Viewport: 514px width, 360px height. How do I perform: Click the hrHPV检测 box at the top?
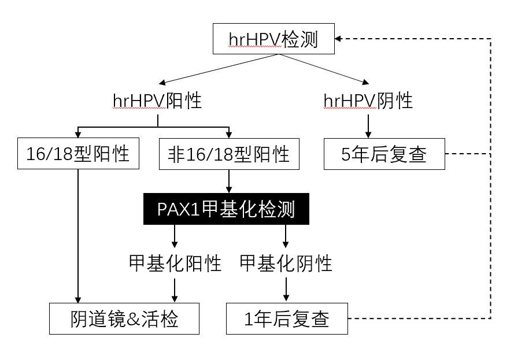click(273, 40)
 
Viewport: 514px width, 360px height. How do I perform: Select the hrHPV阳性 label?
click(157, 101)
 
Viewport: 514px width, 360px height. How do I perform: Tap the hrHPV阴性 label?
click(368, 101)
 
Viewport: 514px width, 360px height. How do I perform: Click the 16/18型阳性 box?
click(78, 154)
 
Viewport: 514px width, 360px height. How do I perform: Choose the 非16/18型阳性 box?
click(229, 154)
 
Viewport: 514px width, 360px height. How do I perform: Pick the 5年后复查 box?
click(384, 154)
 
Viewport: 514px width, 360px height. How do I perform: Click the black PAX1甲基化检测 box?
click(226, 209)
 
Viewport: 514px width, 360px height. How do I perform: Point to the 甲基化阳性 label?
click(175, 263)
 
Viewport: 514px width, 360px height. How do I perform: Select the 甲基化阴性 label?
click(286, 263)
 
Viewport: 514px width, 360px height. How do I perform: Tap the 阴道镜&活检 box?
click(124, 318)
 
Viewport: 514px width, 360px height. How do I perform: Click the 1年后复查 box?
click(287, 318)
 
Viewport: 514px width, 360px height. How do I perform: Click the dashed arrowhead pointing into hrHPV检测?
click(339, 39)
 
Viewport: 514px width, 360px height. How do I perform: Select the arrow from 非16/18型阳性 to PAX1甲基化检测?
click(230, 181)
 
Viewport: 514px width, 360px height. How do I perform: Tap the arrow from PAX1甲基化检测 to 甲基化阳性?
click(175, 236)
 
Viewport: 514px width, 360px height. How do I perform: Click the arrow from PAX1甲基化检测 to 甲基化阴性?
click(286, 236)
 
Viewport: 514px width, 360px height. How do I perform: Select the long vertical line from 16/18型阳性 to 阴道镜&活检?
click(78, 231)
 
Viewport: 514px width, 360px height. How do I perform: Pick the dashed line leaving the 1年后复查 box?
click(416, 318)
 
